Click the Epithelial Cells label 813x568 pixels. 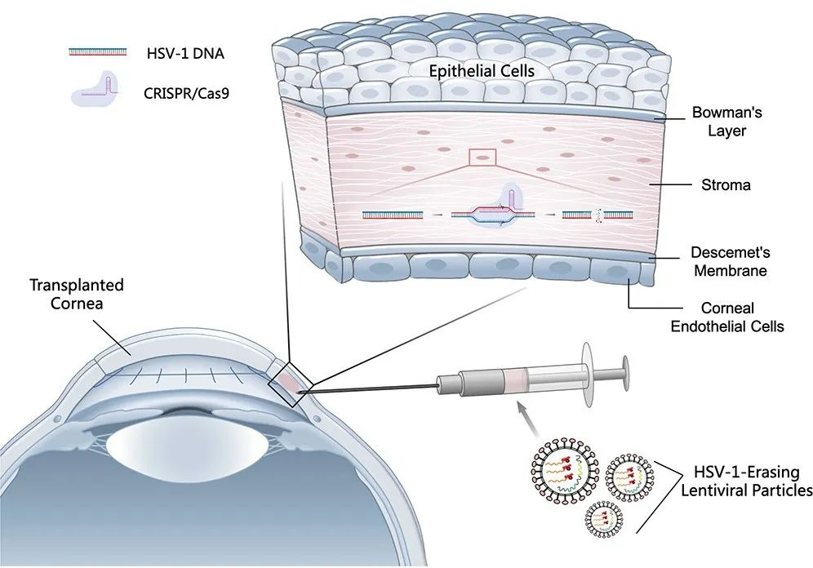(x=482, y=71)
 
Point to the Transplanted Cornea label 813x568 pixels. (x=77, y=295)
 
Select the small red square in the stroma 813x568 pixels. (x=482, y=158)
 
